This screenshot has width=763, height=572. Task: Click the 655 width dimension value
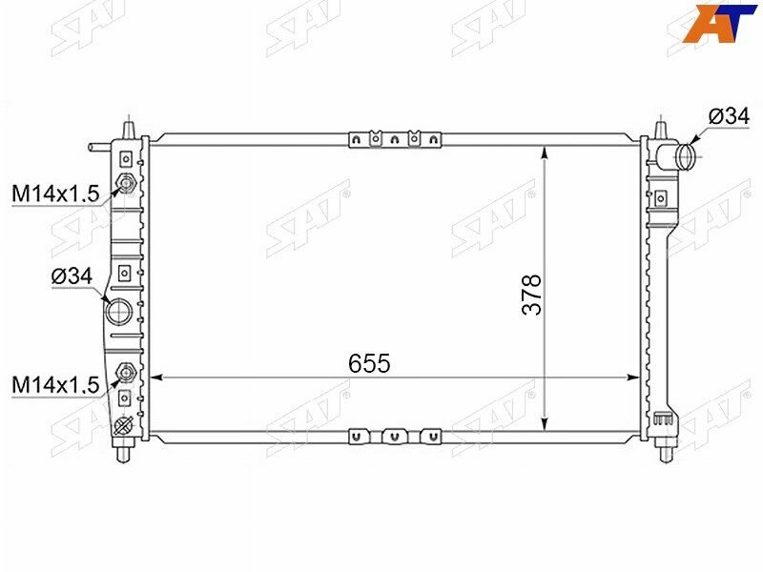(x=369, y=363)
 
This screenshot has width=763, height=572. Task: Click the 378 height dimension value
(x=531, y=295)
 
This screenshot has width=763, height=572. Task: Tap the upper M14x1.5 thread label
(x=55, y=194)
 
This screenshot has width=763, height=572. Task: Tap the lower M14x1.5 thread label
(x=55, y=385)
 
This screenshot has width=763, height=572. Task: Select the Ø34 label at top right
(x=729, y=116)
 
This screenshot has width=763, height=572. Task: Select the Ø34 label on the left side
(x=72, y=277)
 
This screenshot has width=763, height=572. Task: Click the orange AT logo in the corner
(x=720, y=22)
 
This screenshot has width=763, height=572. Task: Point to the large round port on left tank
(x=118, y=312)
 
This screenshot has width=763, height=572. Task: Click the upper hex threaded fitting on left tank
(x=126, y=183)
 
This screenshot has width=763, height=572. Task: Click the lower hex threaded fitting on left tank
(x=126, y=372)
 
